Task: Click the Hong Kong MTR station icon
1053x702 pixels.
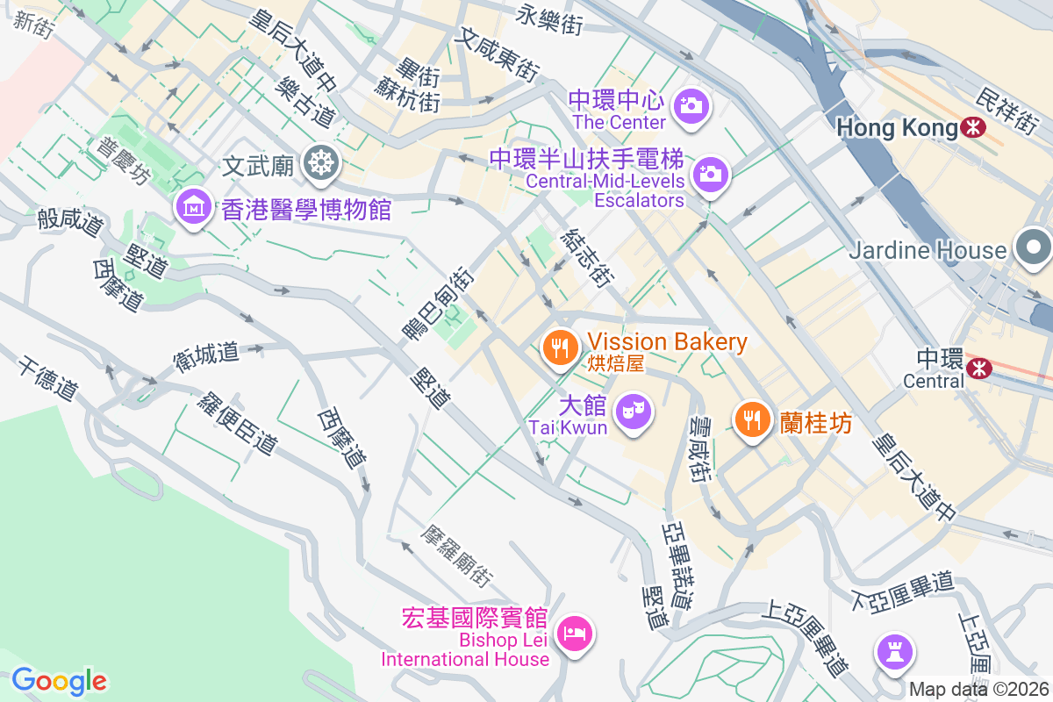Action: point(972,128)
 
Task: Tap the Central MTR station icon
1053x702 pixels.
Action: point(977,369)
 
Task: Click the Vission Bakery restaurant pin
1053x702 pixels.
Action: point(559,346)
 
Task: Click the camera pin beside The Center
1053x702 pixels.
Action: point(691,106)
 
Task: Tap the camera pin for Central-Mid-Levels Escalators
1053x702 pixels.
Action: point(708,174)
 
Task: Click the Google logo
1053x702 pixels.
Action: point(59,680)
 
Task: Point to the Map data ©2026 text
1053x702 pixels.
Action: point(978,689)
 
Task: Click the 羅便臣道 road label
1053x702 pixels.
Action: point(236,422)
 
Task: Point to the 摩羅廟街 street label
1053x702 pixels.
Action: point(455,556)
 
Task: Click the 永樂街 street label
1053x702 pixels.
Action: point(550,18)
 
